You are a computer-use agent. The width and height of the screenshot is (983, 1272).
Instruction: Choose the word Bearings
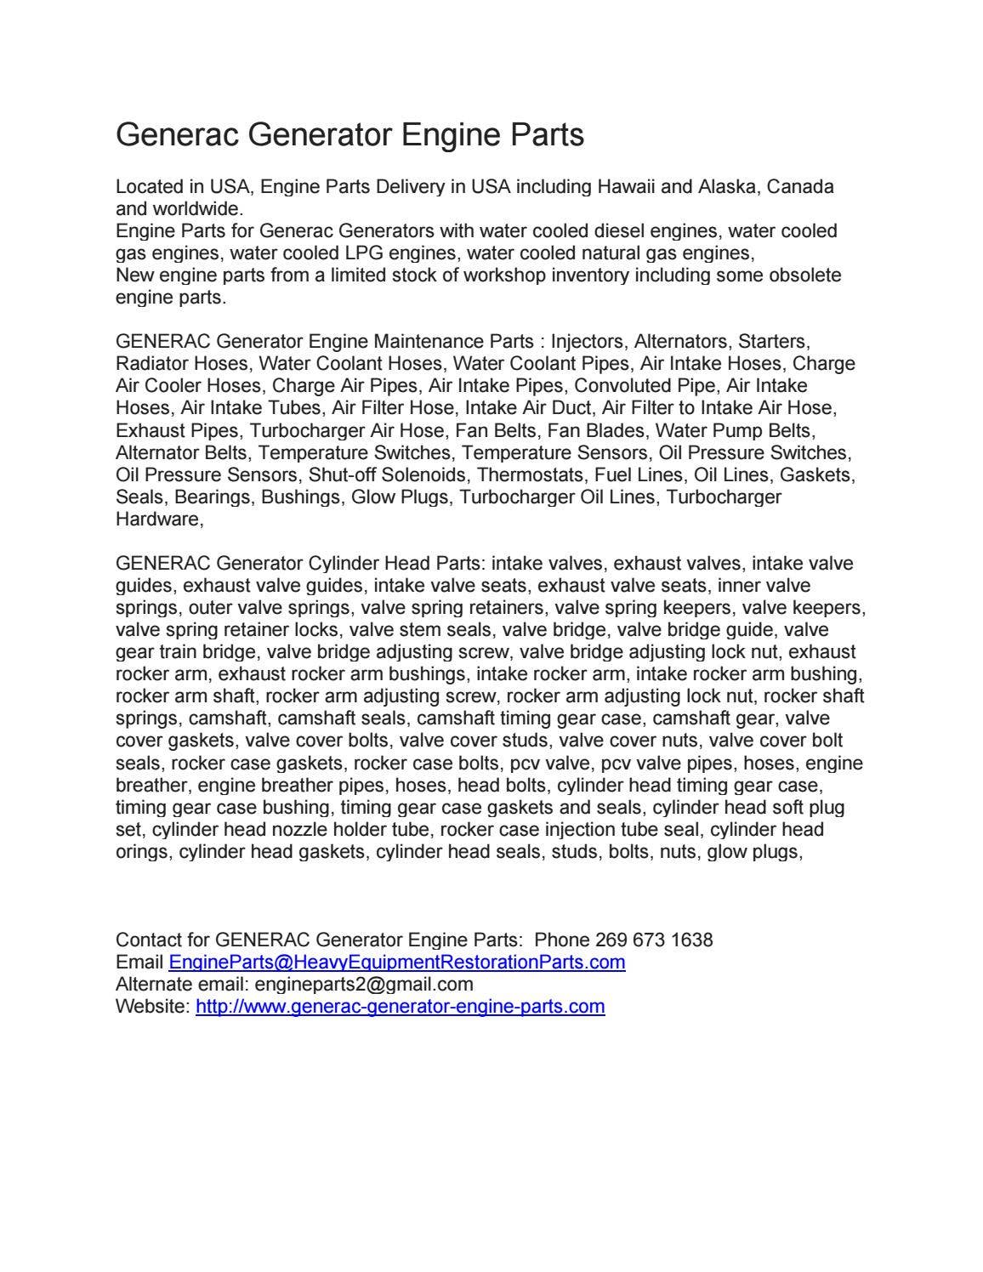[213, 497]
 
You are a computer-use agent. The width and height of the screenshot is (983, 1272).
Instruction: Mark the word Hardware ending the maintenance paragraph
[157, 519]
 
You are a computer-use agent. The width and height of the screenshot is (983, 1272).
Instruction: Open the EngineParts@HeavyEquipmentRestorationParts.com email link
[397, 963]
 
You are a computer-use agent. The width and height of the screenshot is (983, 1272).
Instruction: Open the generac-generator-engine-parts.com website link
[400, 1007]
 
